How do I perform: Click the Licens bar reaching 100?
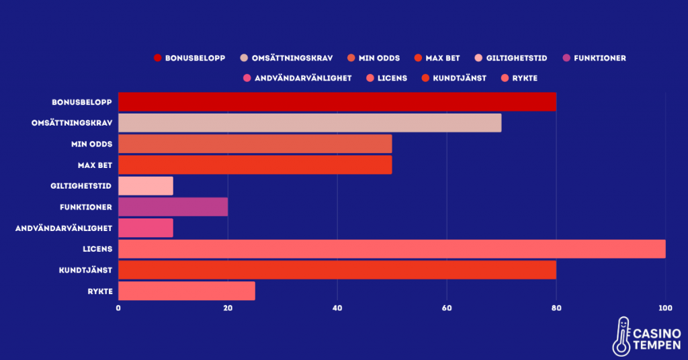392,249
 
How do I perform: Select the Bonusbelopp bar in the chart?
337,101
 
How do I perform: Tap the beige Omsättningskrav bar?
310,123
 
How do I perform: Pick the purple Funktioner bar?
173,207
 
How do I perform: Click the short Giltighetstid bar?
146,186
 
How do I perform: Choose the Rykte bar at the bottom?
187,291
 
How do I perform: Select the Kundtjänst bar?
337,269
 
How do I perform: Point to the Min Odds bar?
255,144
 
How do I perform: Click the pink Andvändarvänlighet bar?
146,228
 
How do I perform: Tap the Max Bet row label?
95,165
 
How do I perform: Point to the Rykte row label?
98,291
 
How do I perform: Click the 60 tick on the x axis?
447,308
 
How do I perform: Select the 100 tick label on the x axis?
665,308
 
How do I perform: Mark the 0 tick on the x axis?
119,308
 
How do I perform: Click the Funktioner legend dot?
566,58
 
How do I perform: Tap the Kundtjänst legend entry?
460,78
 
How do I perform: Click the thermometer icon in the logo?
622,336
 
